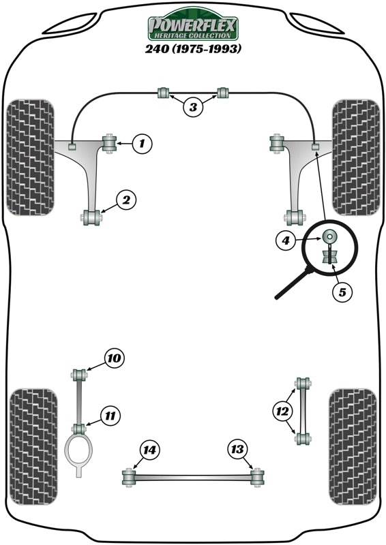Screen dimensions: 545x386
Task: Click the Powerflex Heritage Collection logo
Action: (x=193, y=27)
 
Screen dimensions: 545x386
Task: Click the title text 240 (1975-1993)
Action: (x=193, y=49)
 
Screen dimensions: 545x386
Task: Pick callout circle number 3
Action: (x=193, y=106)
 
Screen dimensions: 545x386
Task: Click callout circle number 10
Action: (x=115, y=358)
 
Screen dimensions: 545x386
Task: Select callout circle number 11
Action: (x=110, y=414)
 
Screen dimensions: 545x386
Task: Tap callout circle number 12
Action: (x=281, y=411)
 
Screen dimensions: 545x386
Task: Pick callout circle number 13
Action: (x=237, y=450)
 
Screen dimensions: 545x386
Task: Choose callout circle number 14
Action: (x=149, y=450)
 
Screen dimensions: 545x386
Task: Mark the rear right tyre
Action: (x=352, y=446)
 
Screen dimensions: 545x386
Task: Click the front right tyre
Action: (x=355, y=158)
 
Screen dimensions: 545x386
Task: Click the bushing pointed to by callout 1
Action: (x=108, y=143)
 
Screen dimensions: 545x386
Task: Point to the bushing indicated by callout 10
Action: (x=79, y=374)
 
